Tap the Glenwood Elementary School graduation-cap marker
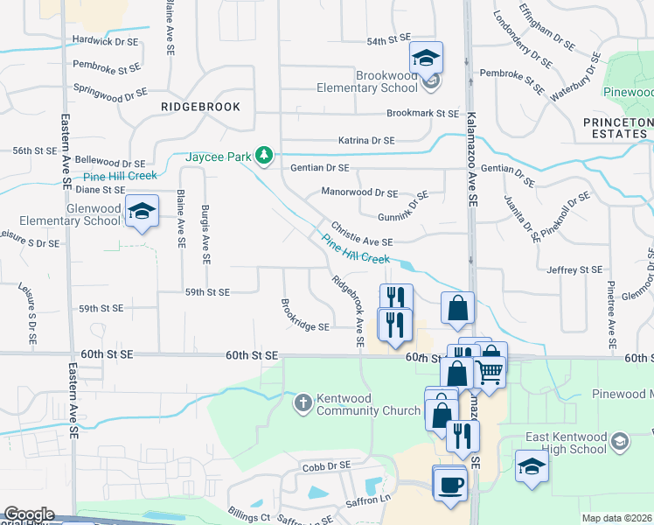142,212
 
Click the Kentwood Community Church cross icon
303,403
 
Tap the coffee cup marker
450,485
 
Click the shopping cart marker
490,371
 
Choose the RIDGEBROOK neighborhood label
200,106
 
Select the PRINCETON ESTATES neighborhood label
617,128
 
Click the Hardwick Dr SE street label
105,41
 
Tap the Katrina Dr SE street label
367,140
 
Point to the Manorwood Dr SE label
359,192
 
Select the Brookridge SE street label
304,320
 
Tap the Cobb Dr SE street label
326,465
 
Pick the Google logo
28,514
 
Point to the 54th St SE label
388,40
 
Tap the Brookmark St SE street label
422,114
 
